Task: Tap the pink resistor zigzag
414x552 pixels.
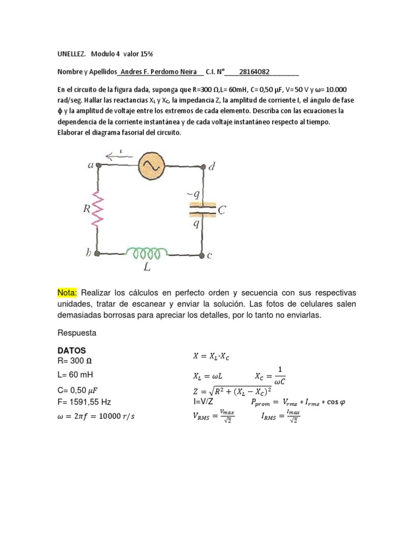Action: coord(98,209)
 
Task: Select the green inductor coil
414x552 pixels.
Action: coord(144,252)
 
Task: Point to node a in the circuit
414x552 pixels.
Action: coord(98,166)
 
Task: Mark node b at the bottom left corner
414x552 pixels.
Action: coord(97,252)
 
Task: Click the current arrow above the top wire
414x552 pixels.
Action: coord(119,157)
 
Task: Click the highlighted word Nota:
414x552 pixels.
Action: coord(67,293)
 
